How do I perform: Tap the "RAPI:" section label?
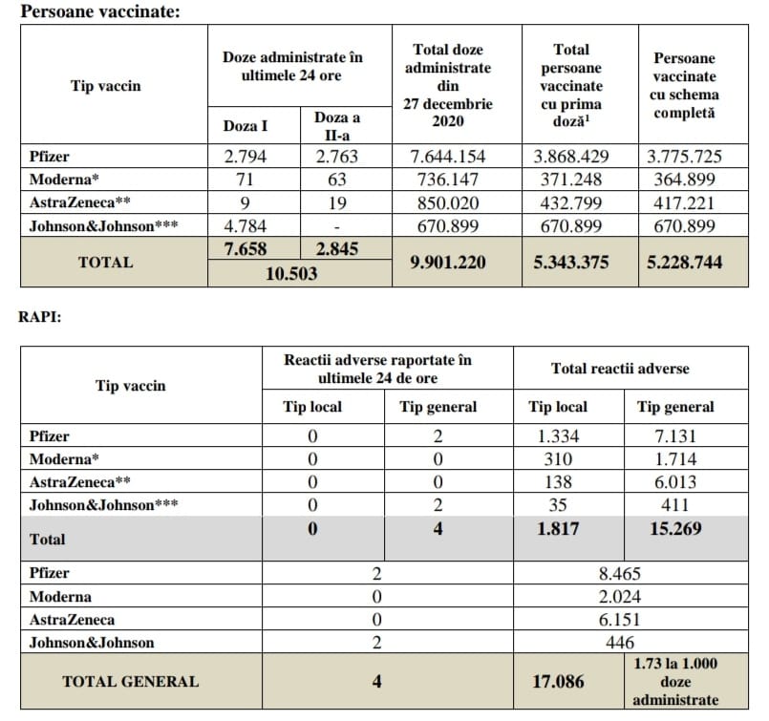tap(40, 317)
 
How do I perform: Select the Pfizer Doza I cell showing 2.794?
tap(245, 157)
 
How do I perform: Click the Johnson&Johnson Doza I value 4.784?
tap(245, 226)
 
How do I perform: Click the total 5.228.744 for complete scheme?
tap(684, 263)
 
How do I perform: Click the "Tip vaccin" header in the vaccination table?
tap(105, 86)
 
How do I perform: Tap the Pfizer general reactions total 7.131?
tap(674, 436)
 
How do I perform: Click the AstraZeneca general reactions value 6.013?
tap(674, 482)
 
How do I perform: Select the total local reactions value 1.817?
tap(557, 528)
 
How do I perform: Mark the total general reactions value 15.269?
tap(674, 528)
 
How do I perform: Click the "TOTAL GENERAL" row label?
tap(130, 681)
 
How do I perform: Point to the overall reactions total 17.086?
tap(557, 682)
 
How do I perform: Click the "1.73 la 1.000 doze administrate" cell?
tap(675, 681)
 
